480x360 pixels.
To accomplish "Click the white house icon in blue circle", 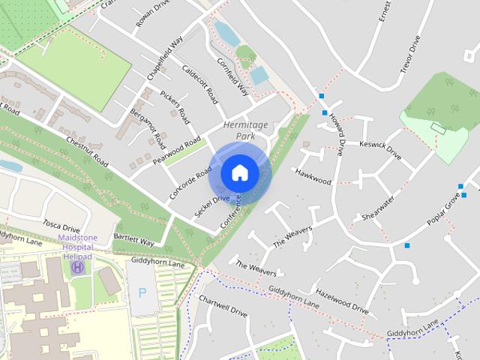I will [240, 172].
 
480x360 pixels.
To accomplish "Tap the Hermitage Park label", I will [240, 130].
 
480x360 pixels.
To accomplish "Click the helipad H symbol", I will [78, 267].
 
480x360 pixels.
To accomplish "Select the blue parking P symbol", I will [142, 292].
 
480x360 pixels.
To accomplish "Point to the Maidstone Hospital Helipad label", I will [77, 247].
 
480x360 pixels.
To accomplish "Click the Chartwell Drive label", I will [223, 305].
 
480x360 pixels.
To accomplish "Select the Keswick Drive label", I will [380, 150].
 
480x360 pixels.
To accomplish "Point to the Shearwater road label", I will [377, 208].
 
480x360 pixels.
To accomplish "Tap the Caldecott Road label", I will [200, 84].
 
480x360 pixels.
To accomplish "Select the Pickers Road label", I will [175, 107].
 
